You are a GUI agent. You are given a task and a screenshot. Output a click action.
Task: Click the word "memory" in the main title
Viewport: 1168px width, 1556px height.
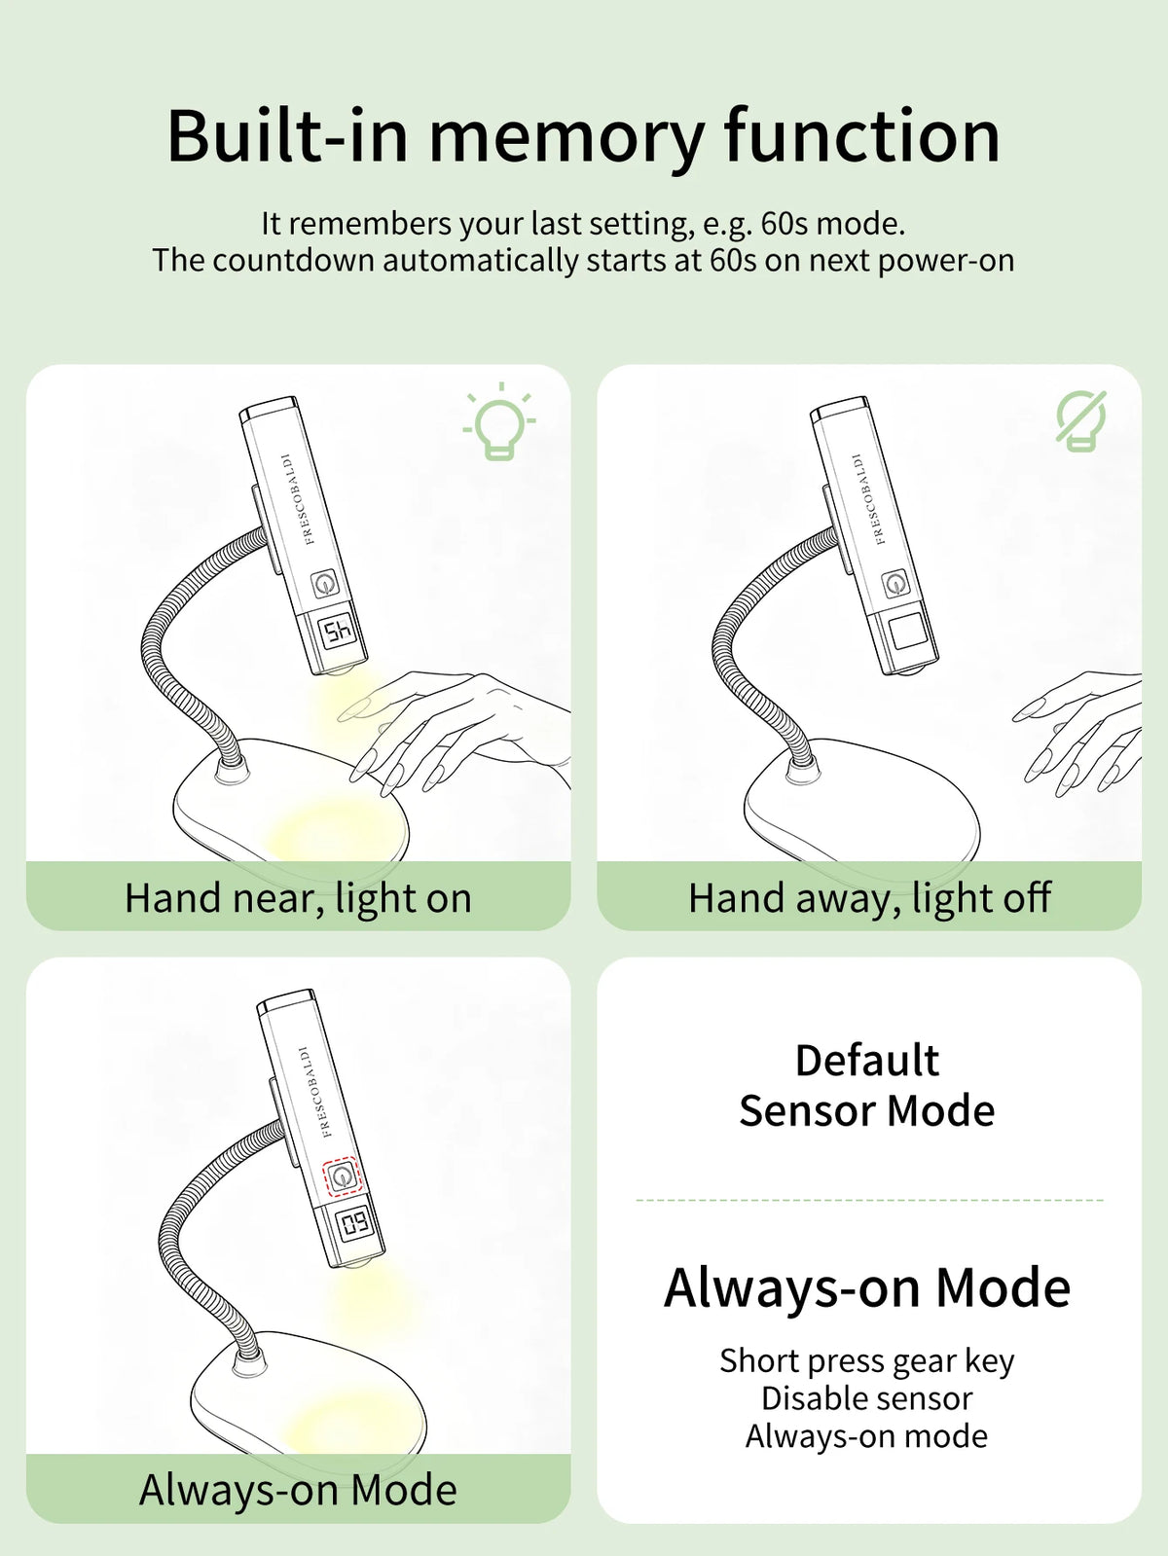pyautogui.click(x=566, y=137)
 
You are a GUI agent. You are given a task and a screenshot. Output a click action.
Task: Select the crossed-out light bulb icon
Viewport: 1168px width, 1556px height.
pyautogui.click(x=1080, y=420)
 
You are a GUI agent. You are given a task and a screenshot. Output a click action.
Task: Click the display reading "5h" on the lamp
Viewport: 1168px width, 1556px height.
pyautogui.click(x=338, y=633)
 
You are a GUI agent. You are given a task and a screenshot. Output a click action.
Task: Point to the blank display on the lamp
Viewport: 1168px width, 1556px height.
pyautogui.click(x=908, y=633)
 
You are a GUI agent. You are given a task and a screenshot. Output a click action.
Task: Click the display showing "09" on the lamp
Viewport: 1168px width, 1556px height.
pyautogui.click(x=354, y=1225)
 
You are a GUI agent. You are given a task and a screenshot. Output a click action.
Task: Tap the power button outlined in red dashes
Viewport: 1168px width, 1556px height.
pyautogui.click(x=343, y=1177)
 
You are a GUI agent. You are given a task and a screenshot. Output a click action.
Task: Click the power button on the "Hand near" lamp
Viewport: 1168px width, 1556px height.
pyautogui.click(x=324, y=584)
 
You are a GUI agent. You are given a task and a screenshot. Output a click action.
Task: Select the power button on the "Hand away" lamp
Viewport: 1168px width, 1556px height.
pyautogui.click(x=895, y=584)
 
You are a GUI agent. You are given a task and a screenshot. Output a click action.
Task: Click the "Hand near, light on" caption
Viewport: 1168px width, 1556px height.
pyautogui.click(x=299, y=898)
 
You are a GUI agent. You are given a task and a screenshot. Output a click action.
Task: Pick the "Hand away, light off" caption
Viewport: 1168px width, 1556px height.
pyautogui.click(x=869, y=898)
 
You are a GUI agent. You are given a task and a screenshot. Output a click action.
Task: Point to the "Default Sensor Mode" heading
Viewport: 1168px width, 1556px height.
pyautogui.click(x=867, y=1085)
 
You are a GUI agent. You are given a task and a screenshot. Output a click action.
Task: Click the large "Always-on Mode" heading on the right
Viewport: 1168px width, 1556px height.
pyautogui.click(x=867, y=1287)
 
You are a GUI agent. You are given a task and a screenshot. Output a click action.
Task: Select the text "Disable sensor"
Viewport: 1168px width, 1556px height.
pyautogui.click(x=867, y=1398)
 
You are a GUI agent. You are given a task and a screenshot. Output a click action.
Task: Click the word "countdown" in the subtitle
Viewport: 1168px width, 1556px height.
pyautogui.click(x=293, y=260)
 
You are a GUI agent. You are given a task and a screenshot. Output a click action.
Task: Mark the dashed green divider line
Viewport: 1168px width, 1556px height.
pyautogui.click(x=869, y=1200)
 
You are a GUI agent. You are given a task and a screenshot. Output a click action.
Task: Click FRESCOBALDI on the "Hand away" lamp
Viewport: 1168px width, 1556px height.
pyautogui.click(x=869, y=499)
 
